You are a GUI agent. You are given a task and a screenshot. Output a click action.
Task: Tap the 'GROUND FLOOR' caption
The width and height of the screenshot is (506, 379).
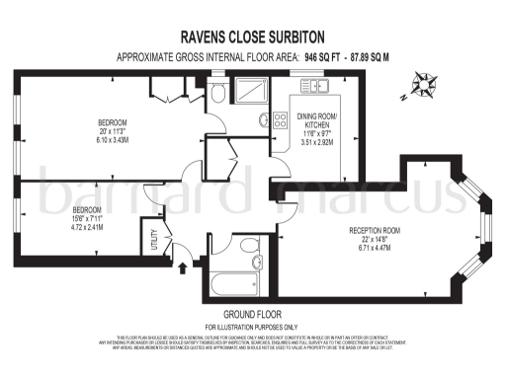[x=251, y=315]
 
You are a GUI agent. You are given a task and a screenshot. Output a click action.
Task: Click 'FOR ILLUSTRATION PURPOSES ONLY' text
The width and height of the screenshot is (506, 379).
[x=251, y=327]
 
